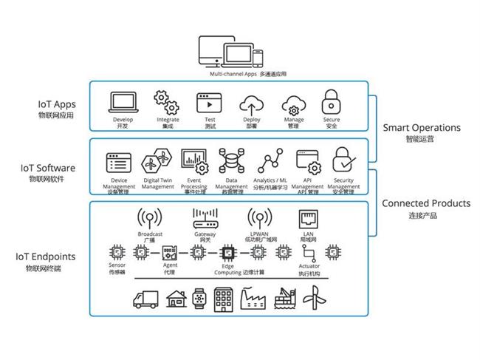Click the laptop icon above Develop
(x=123, y=101)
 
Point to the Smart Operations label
(x=421, y=128)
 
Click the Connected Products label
(x=425, y=203)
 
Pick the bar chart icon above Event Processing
(x=193, y=160)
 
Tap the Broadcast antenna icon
(x=150, y=219)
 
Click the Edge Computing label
(x=233, y=269)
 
